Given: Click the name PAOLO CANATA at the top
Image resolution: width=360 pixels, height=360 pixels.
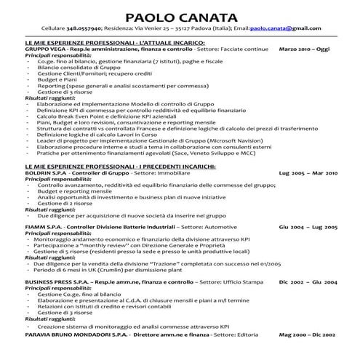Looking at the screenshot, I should tap(180, 16).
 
